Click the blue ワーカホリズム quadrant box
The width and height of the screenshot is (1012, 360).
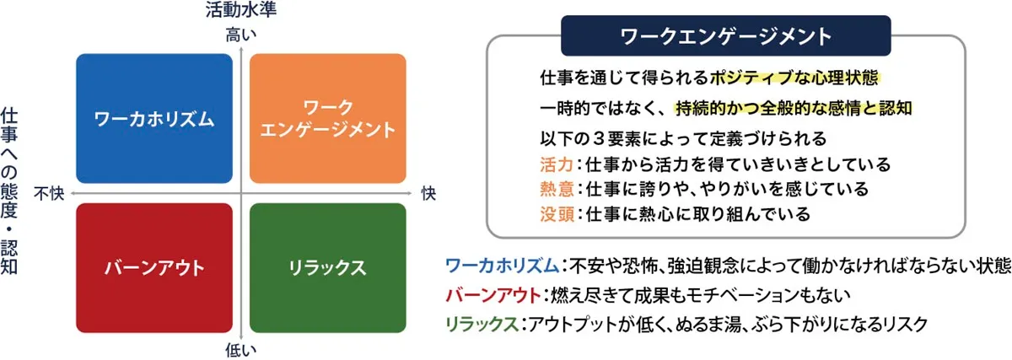pos(153,119)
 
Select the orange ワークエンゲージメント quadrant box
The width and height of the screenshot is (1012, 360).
pos(328,119)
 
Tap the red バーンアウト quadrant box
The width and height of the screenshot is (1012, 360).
pos(153,268)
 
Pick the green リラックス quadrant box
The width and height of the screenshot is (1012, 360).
pos(328,268)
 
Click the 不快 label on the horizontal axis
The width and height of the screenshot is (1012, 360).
pos(49,194)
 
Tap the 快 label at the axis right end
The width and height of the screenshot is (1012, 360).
pos(428,194)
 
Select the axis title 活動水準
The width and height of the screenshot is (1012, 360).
pos(241,11)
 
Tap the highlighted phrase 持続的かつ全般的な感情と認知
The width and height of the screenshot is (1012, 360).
pos(794,109)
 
